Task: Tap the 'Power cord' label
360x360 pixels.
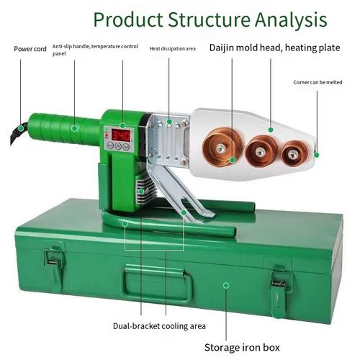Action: pos(30,49)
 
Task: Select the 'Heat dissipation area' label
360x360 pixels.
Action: pos(173,49)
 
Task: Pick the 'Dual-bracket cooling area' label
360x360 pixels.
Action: pos(159,325)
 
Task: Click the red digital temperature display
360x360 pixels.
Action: pos(120,135)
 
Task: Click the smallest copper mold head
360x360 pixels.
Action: pos(292,152)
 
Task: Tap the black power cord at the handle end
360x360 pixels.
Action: pos(13,135)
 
